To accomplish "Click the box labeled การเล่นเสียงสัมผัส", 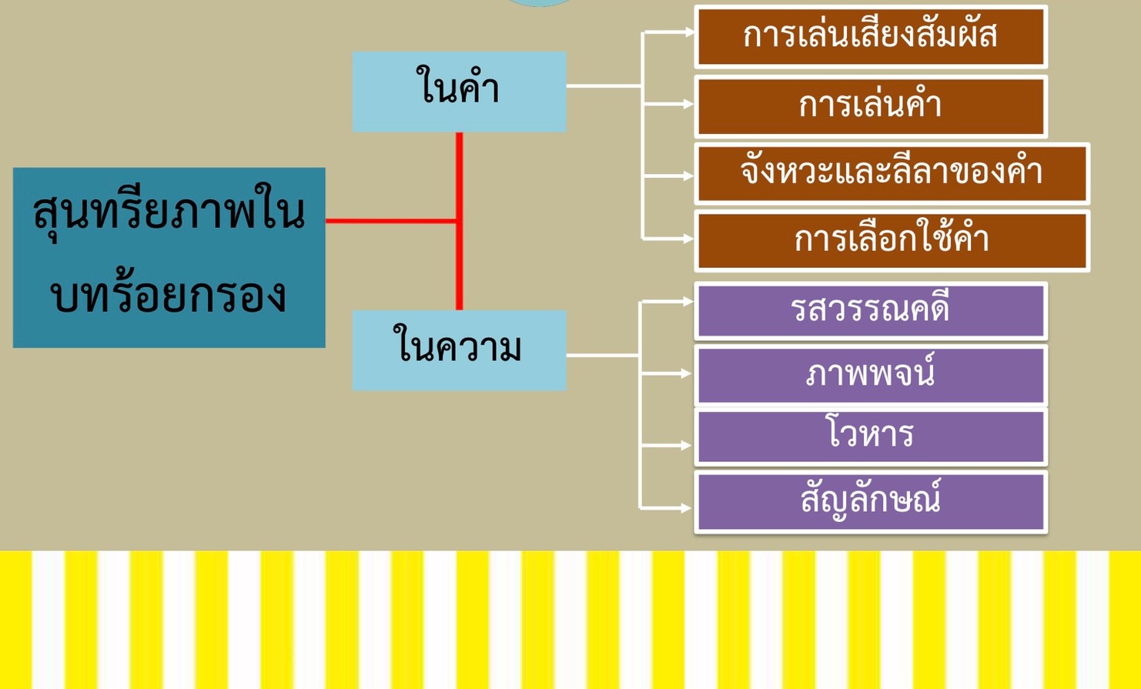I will [x=870, y=36].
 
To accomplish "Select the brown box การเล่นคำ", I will [x=870, y=105].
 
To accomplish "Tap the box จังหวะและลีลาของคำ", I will [x=892, y=172].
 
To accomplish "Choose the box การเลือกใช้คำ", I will [x=892, y=240].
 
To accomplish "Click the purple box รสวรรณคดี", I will [x=870, y=310].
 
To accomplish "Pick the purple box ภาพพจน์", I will [x=870, y=375].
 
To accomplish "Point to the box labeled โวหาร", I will [x=870, y=436].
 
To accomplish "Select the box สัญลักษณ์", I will [x=870, y=501].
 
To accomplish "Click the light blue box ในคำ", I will [x=459, y=91].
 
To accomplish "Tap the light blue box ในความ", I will [x=459, y=350].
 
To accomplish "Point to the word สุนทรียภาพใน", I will [x=169, y=212].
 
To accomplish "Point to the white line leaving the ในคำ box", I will [x=604, y=85].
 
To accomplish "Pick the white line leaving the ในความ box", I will [x=602, y=355].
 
